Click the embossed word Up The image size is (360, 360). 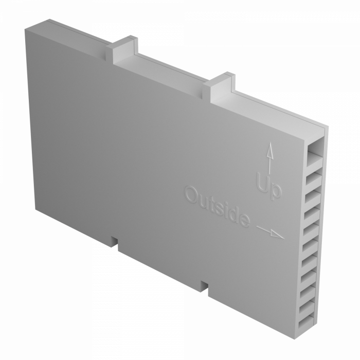coord(268,186)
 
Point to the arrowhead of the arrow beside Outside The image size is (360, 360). coord(277,235)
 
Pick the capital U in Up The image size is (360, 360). coord(262,183)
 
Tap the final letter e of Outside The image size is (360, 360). coord(244,221)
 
